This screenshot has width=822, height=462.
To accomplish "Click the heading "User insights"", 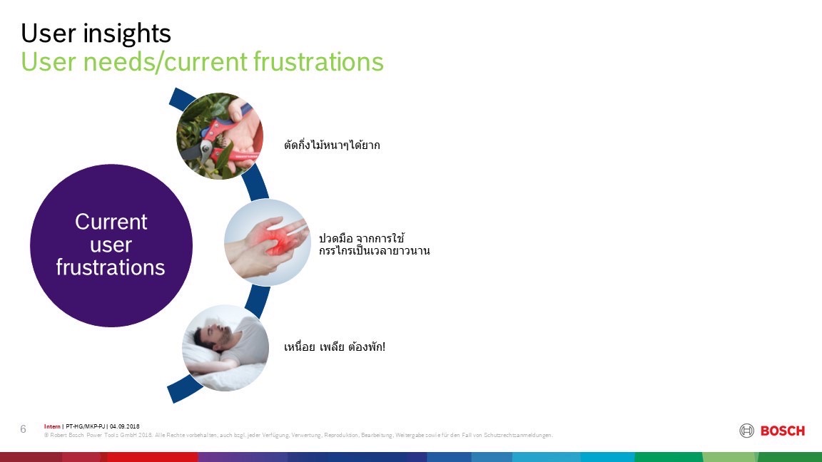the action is [96, 33].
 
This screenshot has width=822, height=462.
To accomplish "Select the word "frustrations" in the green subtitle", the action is [319, 62].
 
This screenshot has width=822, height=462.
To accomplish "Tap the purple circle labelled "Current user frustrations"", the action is [111, 245].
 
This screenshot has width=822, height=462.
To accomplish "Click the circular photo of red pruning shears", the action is [220, 136].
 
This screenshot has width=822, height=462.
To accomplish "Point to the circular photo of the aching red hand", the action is [268, 242].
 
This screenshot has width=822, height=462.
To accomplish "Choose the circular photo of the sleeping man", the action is [225, 348].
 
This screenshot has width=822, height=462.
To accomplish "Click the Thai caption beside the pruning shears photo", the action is [332, 145].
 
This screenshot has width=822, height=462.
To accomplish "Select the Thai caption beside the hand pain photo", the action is [375, 245].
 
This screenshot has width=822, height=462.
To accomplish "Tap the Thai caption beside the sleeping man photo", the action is [335, 346].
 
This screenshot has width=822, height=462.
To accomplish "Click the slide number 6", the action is [23, 429].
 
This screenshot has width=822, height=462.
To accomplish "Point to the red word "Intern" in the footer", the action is [52, 426].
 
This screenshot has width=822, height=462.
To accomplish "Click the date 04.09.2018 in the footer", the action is [125, 426].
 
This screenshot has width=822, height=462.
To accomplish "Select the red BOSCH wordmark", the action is [783, 431].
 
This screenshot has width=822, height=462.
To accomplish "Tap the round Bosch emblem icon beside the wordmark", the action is [746, 431].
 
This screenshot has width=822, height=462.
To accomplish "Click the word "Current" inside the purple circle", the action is [111, 222].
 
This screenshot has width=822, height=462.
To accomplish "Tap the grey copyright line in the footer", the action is [298, 436].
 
